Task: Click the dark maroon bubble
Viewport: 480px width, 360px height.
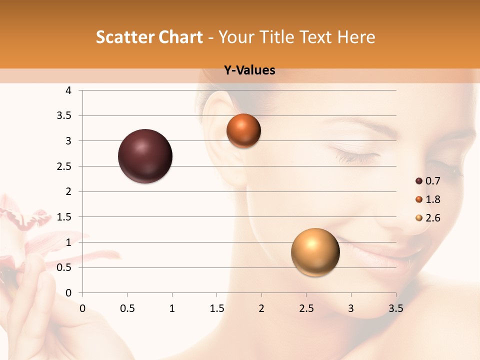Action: coord(145,156)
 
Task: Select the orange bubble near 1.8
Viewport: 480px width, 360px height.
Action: coord(243,130)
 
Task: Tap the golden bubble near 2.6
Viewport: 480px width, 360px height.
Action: coord(315,252)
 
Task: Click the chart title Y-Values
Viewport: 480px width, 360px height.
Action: coord(249,70)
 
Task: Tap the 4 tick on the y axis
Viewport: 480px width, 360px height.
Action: coord(68,90)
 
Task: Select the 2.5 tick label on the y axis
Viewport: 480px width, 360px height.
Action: coord(65,166)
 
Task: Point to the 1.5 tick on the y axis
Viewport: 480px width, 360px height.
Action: coord(65,217)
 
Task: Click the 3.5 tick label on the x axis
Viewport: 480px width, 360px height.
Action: coord(395,308)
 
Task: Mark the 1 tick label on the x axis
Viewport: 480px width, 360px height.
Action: coord(172,308)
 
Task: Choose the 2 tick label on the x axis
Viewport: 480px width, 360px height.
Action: coord(261,308)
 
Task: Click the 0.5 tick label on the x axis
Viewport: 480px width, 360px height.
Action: coord(127,308)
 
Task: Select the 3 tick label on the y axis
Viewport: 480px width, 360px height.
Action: coord(68,141)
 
